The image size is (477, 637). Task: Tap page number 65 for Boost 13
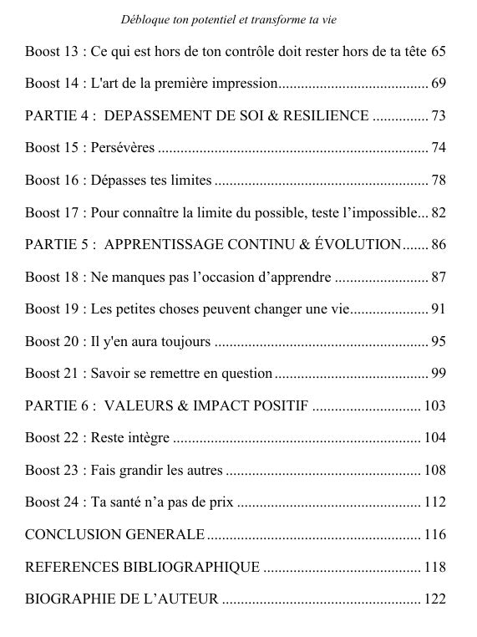click(x=439, y=51)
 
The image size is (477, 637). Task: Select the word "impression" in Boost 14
click(x=243, y=84)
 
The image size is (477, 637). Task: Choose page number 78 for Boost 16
click(x=439, y=180)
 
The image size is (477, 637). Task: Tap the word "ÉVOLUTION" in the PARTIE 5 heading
click(x=361, y=244)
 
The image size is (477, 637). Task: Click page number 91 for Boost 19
click(x=439, y=308)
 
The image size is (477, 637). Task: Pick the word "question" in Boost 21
click(x=246, y=373)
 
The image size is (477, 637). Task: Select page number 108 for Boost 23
click(x=435, y=470)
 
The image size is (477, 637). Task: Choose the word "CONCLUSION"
click(x=72, y=534)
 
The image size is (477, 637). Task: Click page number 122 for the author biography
click(x=435, y=599)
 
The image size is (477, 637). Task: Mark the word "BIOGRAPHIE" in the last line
click(x=69, y=599)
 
